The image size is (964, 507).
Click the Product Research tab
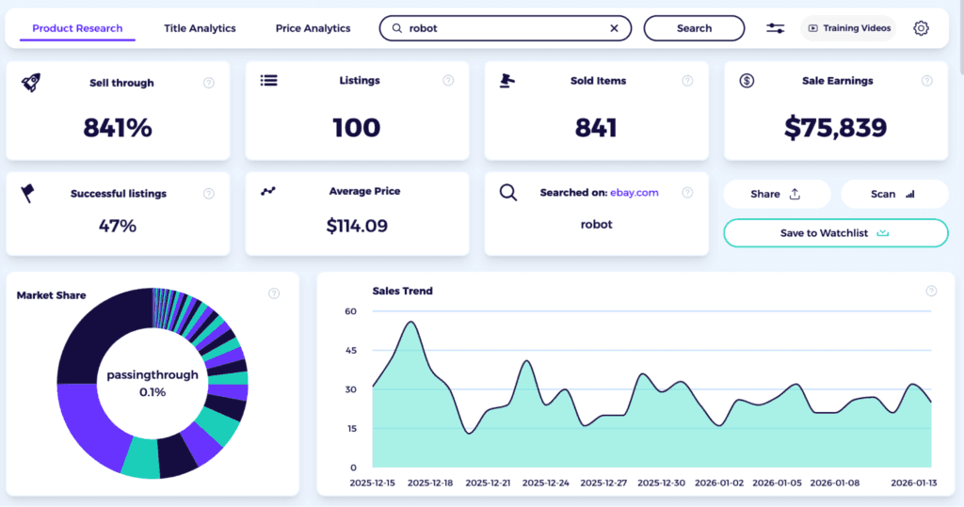point(77,28)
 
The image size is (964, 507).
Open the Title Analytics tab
point(200,28)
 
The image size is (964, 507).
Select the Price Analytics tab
point(313,28)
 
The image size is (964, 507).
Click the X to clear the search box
point(615,28)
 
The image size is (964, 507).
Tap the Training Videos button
point(849,28)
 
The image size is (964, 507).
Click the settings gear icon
point(921,28)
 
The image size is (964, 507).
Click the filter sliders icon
point(776,28)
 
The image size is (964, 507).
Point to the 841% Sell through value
point(118,128)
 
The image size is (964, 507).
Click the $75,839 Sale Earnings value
point(836,128)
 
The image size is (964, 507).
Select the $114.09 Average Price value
point(357,226)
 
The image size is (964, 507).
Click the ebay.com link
point(635,193)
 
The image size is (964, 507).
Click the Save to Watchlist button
point(835,233)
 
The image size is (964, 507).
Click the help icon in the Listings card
point(448,82)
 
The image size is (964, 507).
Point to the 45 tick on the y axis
point(350,351)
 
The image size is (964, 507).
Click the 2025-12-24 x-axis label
point(546,483)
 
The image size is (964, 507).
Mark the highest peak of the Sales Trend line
point(410,322)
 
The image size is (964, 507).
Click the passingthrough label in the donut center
point(153,374)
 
